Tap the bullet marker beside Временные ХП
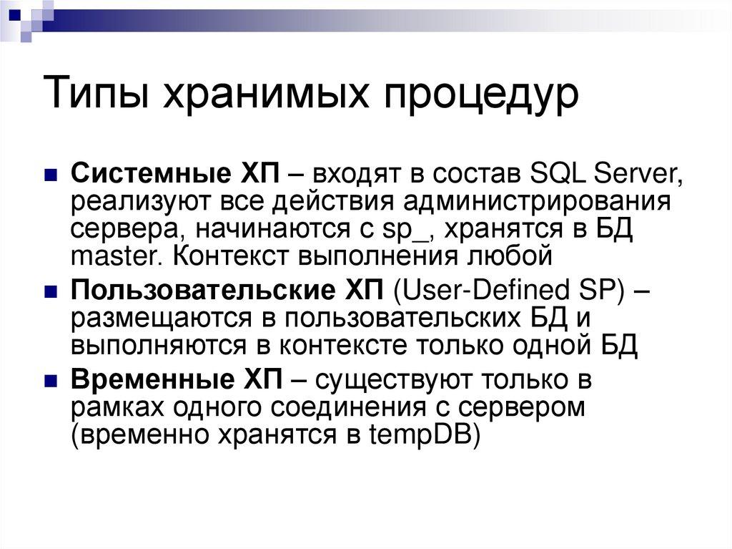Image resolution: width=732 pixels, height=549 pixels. pos(51,380)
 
